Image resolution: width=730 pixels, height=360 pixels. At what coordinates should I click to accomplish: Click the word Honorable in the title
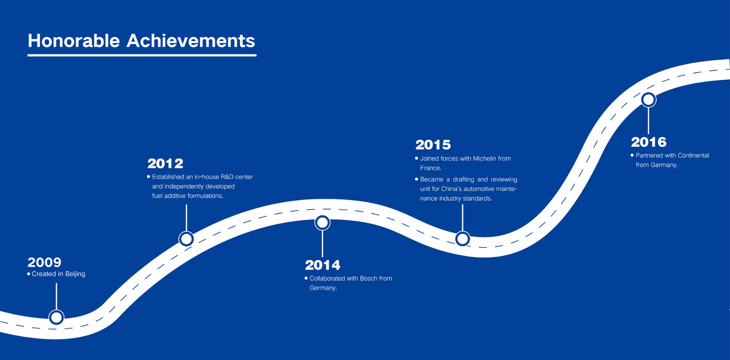coord(74,41)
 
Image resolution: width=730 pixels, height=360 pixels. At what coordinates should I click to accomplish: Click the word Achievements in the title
coord(191,41)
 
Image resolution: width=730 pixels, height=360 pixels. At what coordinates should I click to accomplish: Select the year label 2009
coord(44,262)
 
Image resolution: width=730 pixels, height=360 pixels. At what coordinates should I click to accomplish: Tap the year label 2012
coord(165,163)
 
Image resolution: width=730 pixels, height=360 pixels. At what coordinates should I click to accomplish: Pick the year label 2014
coord(322,265)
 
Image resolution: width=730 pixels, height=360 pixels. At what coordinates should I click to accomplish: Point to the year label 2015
coord(433,145)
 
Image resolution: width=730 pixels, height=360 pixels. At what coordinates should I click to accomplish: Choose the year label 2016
coord(649,142)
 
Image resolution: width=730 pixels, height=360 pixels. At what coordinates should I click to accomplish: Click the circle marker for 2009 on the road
coord(56,317)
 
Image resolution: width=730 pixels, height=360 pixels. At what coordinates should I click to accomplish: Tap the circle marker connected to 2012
coord(186,239)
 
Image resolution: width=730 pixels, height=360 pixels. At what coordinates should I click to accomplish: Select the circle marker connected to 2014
coord(322,223)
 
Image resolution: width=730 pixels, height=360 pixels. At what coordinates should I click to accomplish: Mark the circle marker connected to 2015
coord(462,239)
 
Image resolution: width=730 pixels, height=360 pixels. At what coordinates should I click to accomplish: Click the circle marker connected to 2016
coord(649,100)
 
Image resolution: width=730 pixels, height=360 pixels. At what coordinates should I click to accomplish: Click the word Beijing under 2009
coord(75,274)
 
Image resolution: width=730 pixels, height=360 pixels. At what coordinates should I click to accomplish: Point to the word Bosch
coord(368,278)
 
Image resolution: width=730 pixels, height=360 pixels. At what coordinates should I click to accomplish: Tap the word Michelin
coord(485,159)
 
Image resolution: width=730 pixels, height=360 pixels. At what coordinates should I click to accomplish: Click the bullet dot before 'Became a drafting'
coord(417,179)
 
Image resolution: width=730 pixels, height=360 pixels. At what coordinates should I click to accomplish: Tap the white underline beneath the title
coord(142,55)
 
